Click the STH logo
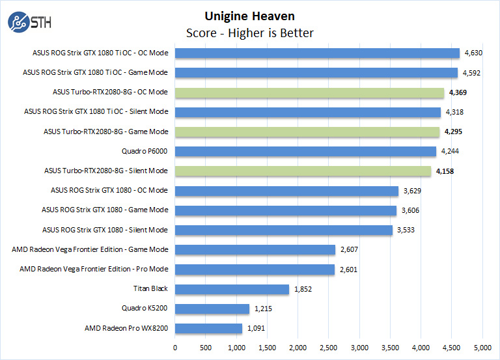point(29,22)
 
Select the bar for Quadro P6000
point(305,152)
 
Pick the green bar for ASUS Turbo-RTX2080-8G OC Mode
point(309,92)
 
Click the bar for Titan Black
point(232,289)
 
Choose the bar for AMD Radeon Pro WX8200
point(208,328)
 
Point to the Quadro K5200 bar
point(212,309)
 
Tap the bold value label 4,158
point(446,171)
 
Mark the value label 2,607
point(350,249)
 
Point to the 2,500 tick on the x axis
point(329,348)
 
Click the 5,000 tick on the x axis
point(482,348)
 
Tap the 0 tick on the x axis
point(175,348)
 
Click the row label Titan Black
point(150,289)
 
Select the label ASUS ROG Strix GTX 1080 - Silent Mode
point(105,230)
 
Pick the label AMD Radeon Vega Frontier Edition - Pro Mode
point(94,269)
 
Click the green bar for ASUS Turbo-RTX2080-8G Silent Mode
point(303,171)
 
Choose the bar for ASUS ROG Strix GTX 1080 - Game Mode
point(286,210)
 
